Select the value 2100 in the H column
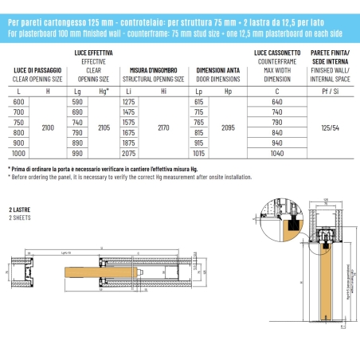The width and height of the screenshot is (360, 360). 49,127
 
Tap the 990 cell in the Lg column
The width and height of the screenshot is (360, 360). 77,151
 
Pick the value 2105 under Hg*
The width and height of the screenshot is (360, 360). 104,127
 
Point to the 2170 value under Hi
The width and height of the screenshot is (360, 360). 163,127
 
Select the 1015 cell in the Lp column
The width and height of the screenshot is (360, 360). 199,151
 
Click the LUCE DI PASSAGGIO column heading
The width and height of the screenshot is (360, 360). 36,72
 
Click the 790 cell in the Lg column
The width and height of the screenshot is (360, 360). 77,132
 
